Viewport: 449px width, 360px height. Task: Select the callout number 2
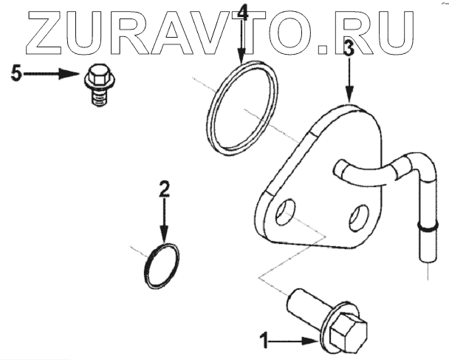pyautogui.click(x=165, y=188)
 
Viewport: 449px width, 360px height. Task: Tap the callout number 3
pyautogui.click(x=349, y=50)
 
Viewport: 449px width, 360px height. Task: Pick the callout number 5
pyautogui.click(x=18, y=74)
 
